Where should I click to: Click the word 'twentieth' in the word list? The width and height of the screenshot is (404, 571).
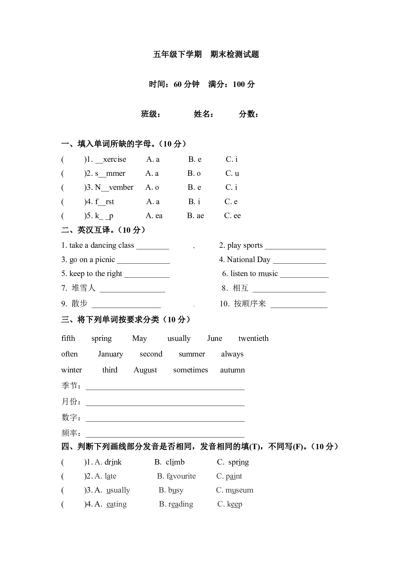[253, 339]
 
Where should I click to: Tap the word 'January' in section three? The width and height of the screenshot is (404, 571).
[110, 354]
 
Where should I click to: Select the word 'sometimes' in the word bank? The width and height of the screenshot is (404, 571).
[190, 370]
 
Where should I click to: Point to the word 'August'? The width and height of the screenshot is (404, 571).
[145, 370]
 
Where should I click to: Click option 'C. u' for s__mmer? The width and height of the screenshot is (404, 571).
[232, 174]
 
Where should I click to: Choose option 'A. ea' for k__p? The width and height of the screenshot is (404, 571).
[154, 216]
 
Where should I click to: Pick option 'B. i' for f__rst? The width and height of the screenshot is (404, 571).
[194, 202]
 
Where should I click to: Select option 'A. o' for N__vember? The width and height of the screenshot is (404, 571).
[152, 188]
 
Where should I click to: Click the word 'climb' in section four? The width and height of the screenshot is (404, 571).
[175, 462]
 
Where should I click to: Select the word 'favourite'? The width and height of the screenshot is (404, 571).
[181, 476]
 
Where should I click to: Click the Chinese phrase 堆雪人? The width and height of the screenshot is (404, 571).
[83, 288]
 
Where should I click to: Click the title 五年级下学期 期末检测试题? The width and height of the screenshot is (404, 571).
[206, 54]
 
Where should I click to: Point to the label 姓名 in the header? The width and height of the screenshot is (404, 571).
[204, 114]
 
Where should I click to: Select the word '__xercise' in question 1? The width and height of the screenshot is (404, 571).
[110, 160]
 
